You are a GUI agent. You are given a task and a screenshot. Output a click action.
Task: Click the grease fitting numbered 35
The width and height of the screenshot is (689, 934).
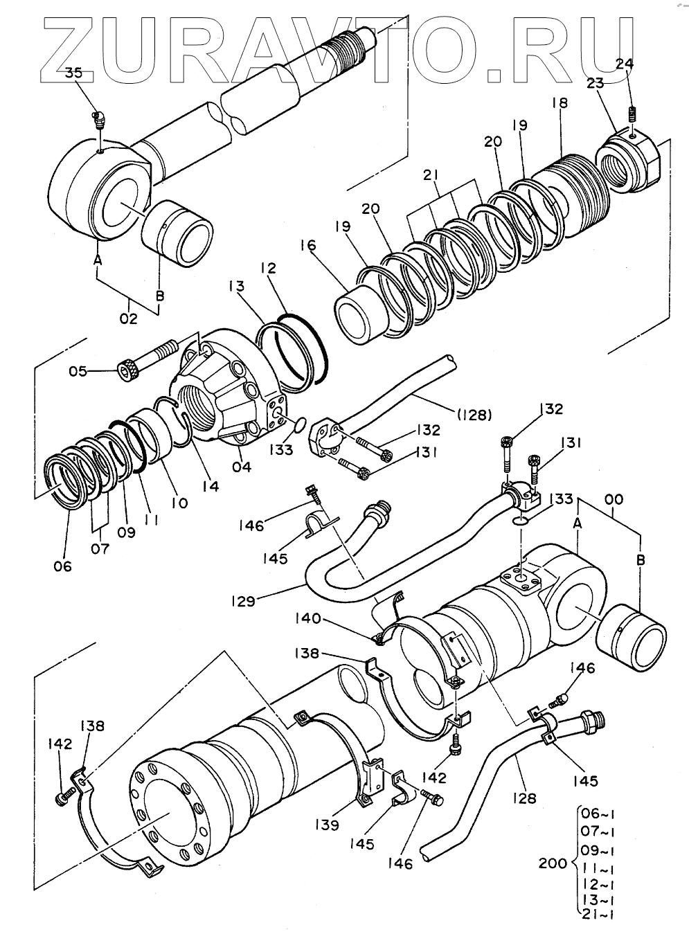tap(99, 120)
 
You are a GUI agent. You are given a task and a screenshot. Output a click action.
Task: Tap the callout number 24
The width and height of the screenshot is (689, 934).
tap(625, 64)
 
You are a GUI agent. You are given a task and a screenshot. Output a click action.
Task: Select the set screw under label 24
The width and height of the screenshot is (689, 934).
tap(633, 114)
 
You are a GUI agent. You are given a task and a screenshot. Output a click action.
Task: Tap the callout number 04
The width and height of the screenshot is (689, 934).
tap(242, 466)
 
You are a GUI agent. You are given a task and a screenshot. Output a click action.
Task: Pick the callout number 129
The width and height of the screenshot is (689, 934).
tap(243, 601)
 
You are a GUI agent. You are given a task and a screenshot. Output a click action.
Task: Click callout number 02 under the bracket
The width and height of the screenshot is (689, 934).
tap(129, 319)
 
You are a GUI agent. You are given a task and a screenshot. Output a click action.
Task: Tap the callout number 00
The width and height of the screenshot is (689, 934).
tap(614, 499)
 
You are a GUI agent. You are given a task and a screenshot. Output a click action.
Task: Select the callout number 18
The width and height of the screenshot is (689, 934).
tap(560, 102)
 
